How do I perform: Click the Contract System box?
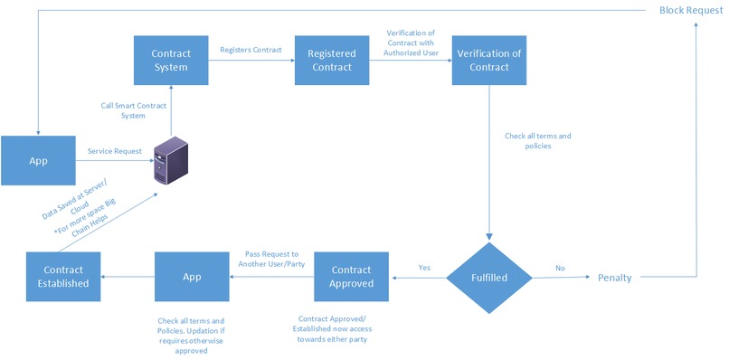[171, 61]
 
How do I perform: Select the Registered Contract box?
[330, 61]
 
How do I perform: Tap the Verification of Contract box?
[489, 61]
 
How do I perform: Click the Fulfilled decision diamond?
[489, 278]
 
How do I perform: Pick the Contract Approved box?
[350, 277]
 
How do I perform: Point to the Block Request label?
[690, 10]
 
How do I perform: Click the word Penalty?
[614, 278]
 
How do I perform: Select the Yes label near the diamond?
[424, 268]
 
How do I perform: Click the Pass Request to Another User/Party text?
[269, 260]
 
